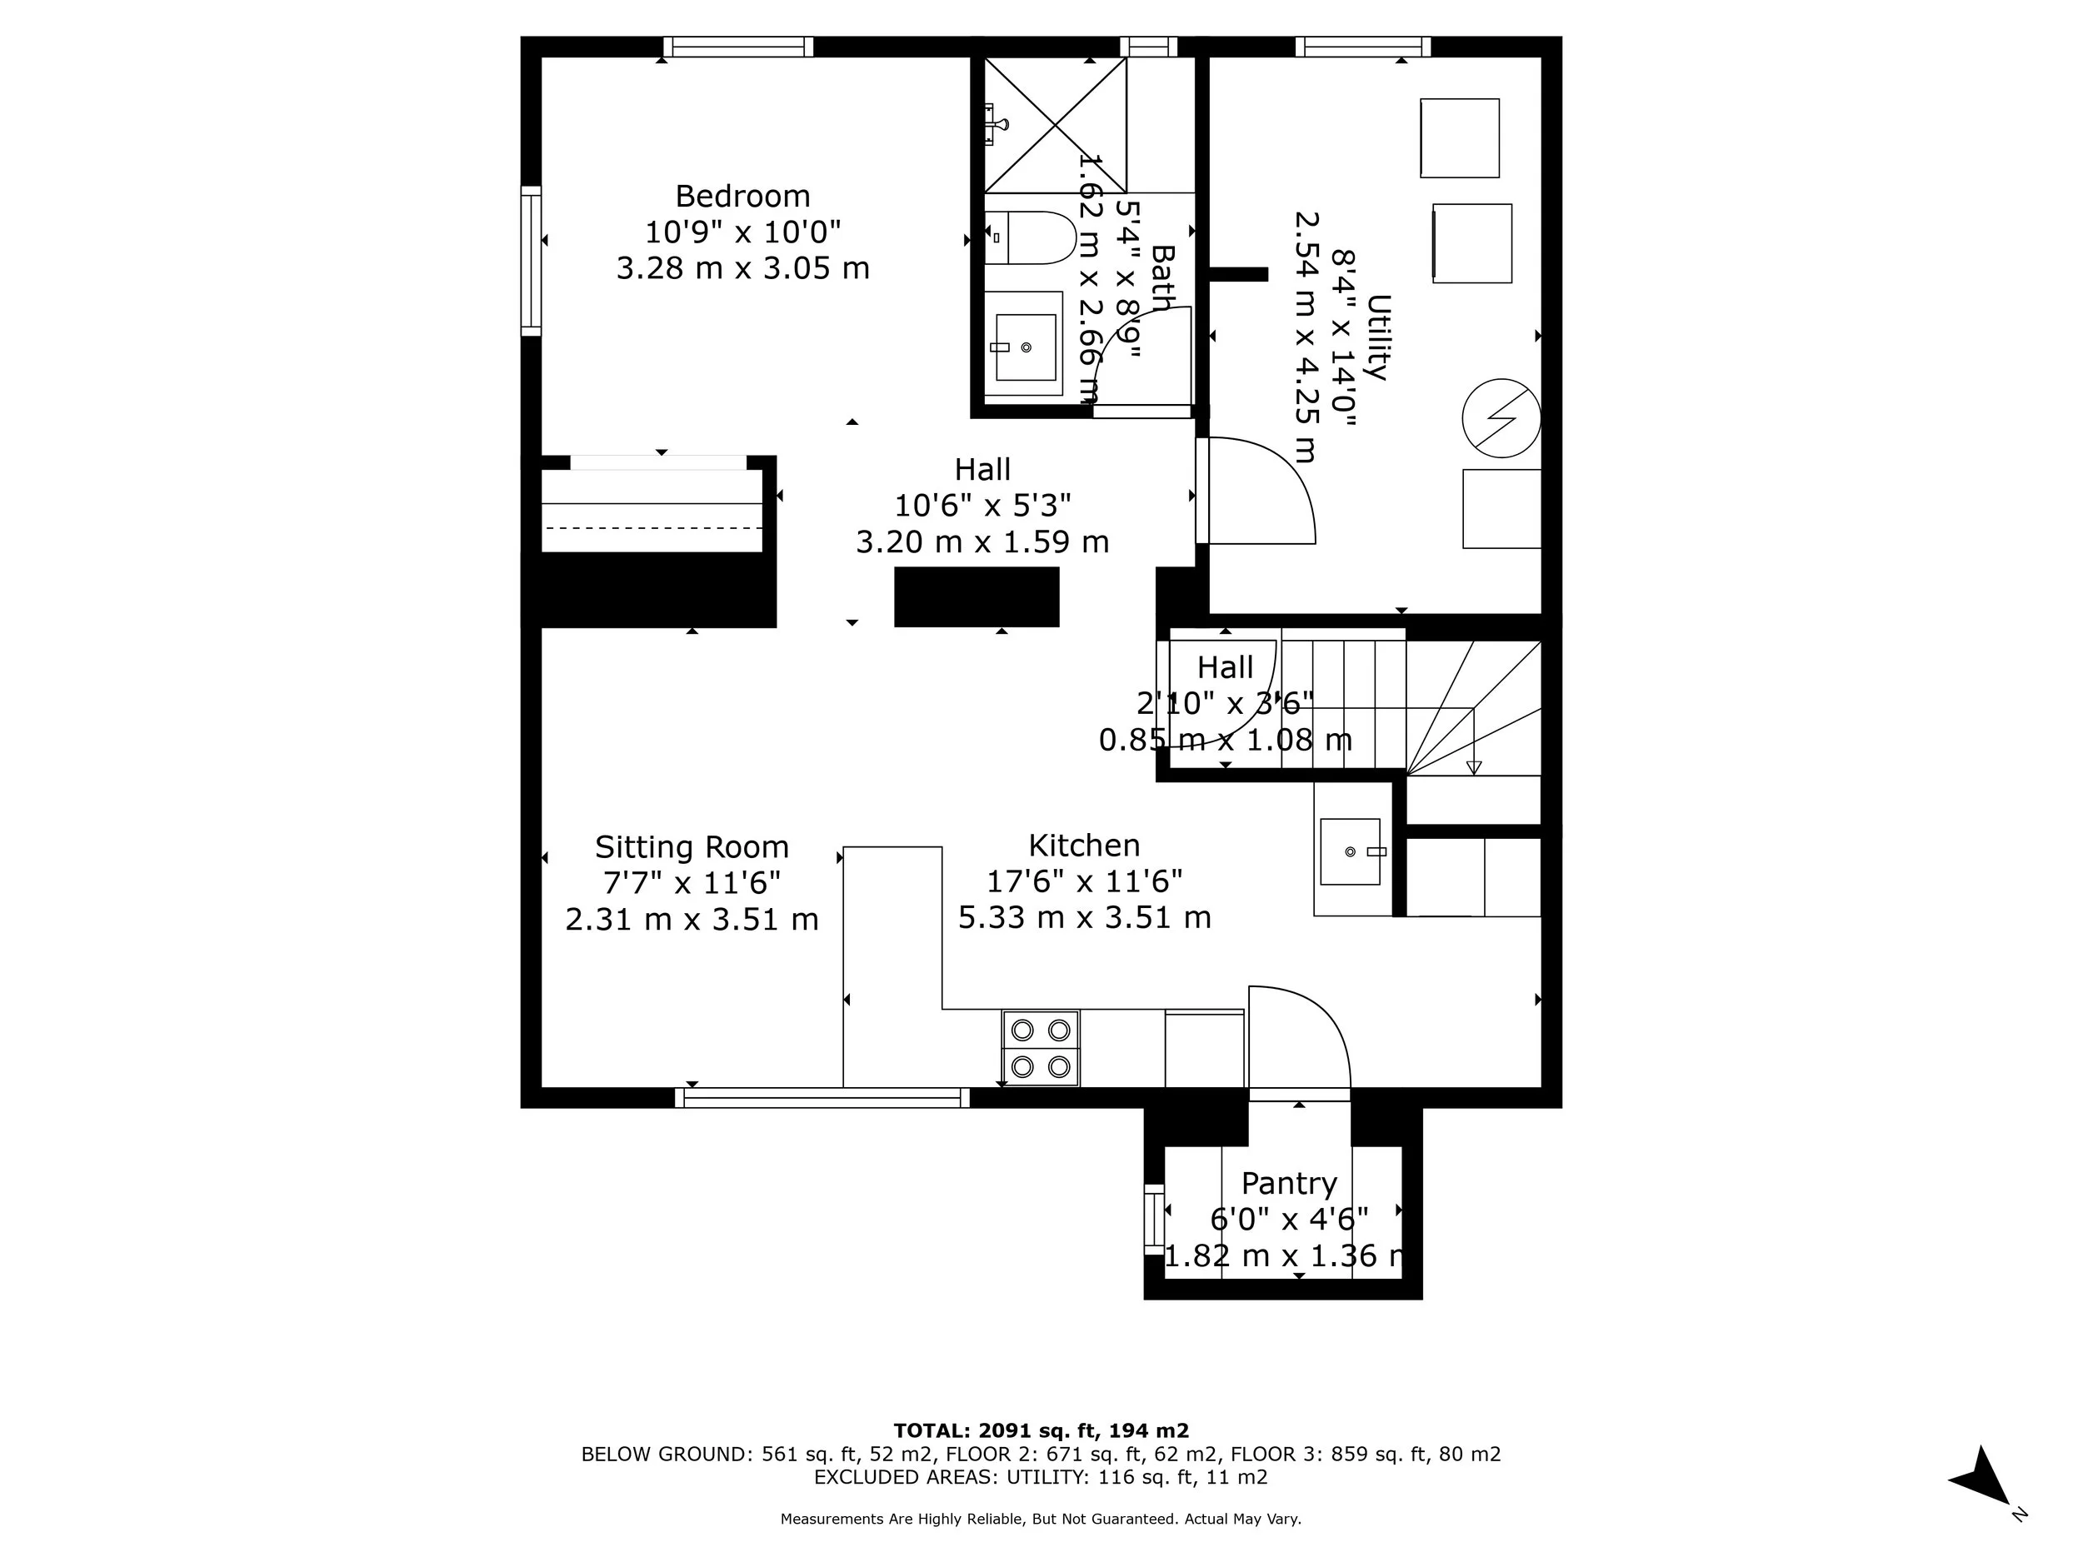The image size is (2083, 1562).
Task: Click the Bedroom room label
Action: [x=742, y=196]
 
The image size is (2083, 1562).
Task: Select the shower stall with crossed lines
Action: [x=1055, y=125]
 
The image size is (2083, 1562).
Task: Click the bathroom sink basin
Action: [x=1026, y=347]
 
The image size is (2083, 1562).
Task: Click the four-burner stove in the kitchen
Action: [x=1041, y=1048]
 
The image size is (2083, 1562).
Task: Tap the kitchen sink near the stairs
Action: [x=1350, y=851]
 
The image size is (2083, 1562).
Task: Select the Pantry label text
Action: [x=1288, y=1183]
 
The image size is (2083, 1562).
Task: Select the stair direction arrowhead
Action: [x=1474, y=767]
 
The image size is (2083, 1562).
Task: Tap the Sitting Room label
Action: [x=692, y=847]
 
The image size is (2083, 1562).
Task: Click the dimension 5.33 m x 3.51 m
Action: [x=1084, y=917]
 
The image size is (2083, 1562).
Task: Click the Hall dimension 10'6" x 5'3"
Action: [x=982, y=506]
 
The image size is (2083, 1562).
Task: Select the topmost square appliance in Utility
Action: [x=1459, y=137]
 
